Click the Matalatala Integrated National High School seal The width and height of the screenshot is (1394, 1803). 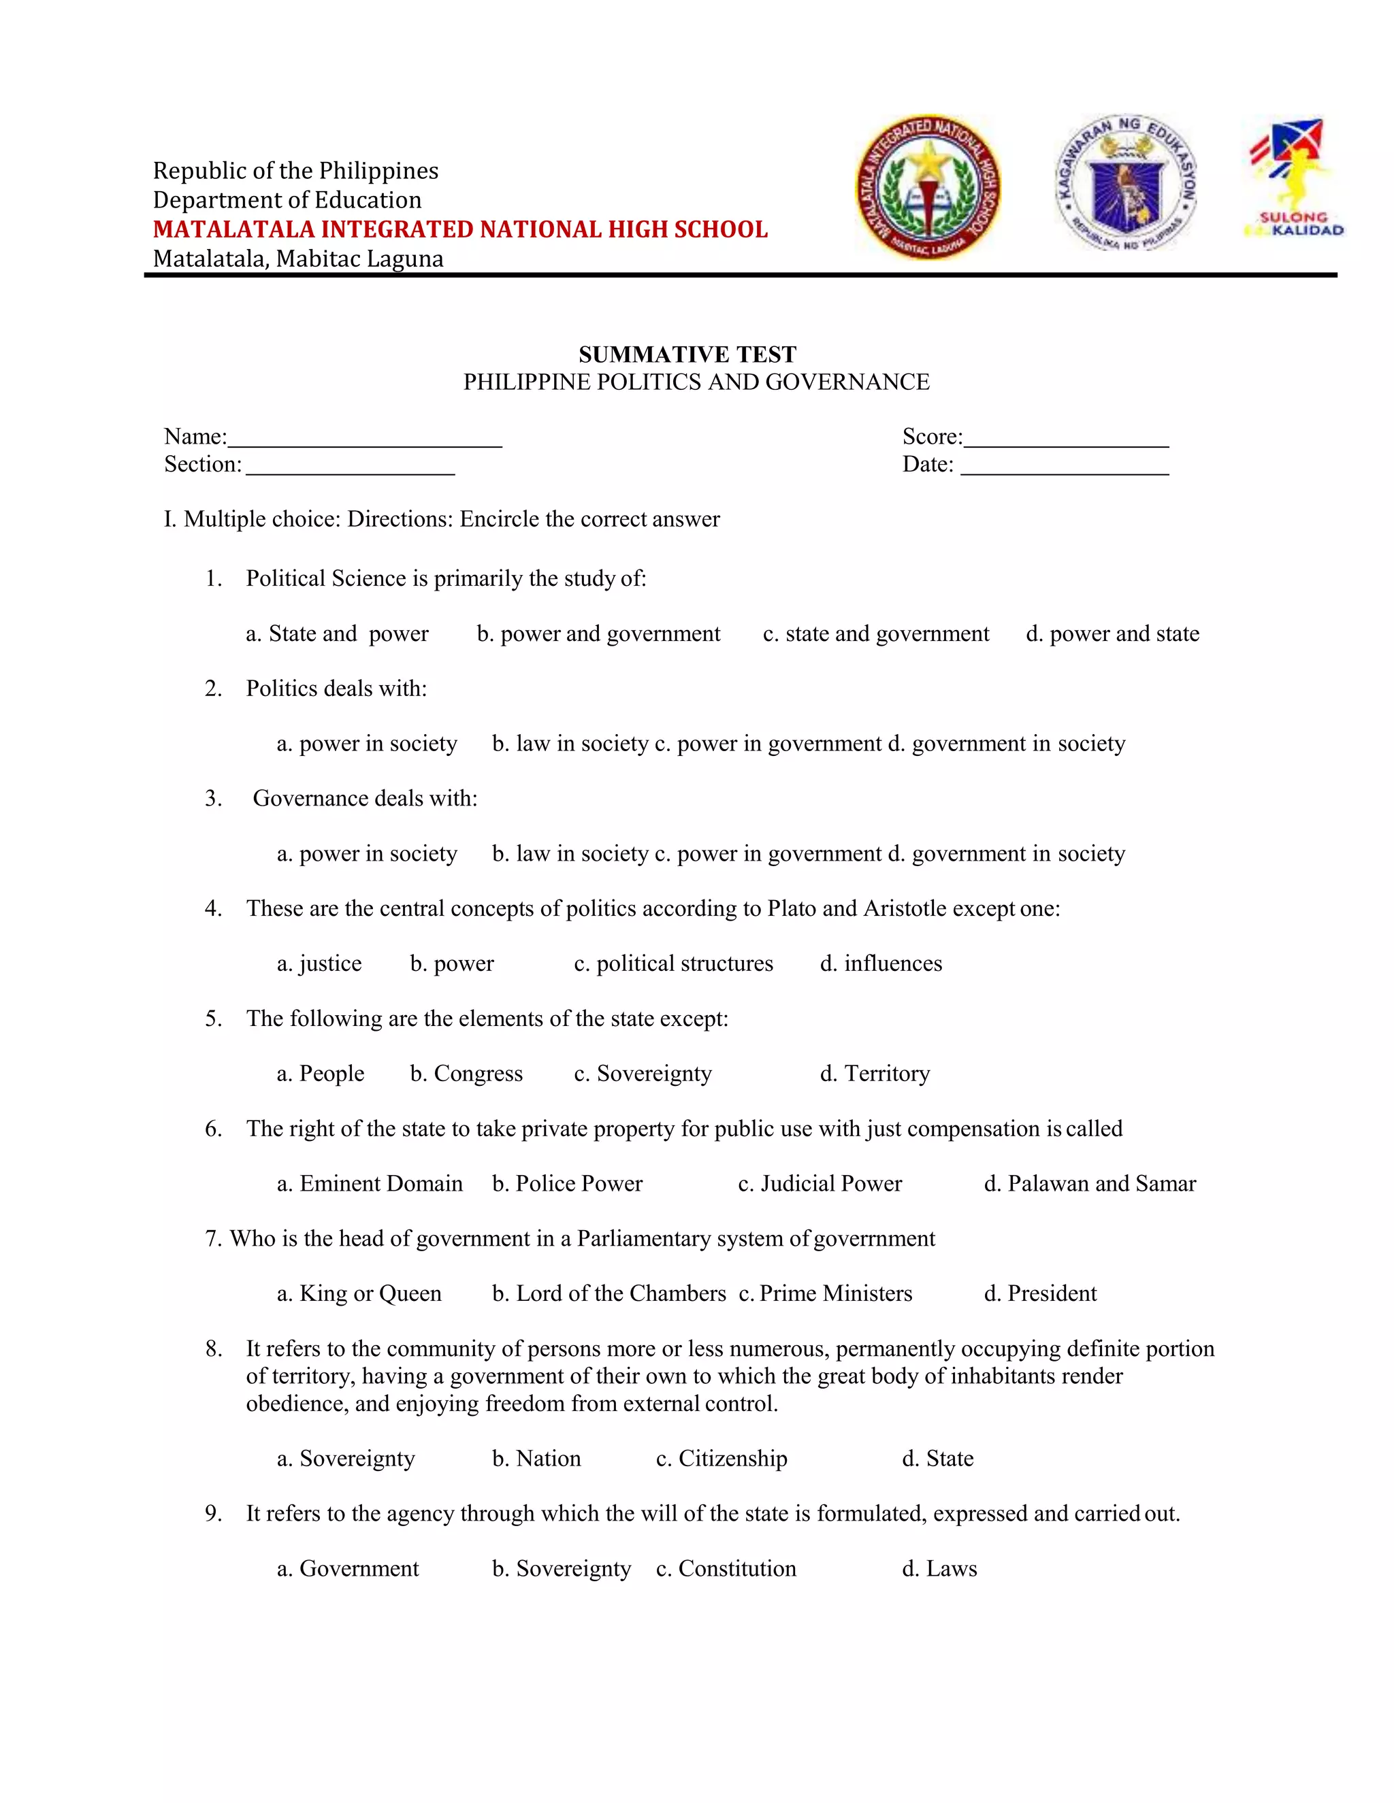pos(928,186)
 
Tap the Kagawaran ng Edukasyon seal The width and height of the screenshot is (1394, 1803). pos(1127,183)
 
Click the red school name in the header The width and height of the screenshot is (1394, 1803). pos(460,229)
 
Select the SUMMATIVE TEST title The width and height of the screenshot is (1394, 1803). pos(687,355)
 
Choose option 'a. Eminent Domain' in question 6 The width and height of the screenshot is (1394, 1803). pos(370,1184)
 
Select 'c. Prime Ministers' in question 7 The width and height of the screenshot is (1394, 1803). pos(826,1293)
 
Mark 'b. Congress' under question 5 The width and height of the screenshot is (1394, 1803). pos(466,1074)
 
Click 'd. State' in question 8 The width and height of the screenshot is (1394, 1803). pos(937,1459)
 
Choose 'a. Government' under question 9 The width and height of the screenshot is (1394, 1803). pos(348,1568)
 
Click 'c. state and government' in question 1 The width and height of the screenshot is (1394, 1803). pos(875,634)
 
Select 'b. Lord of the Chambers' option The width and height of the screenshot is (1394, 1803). pos(609,1293)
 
